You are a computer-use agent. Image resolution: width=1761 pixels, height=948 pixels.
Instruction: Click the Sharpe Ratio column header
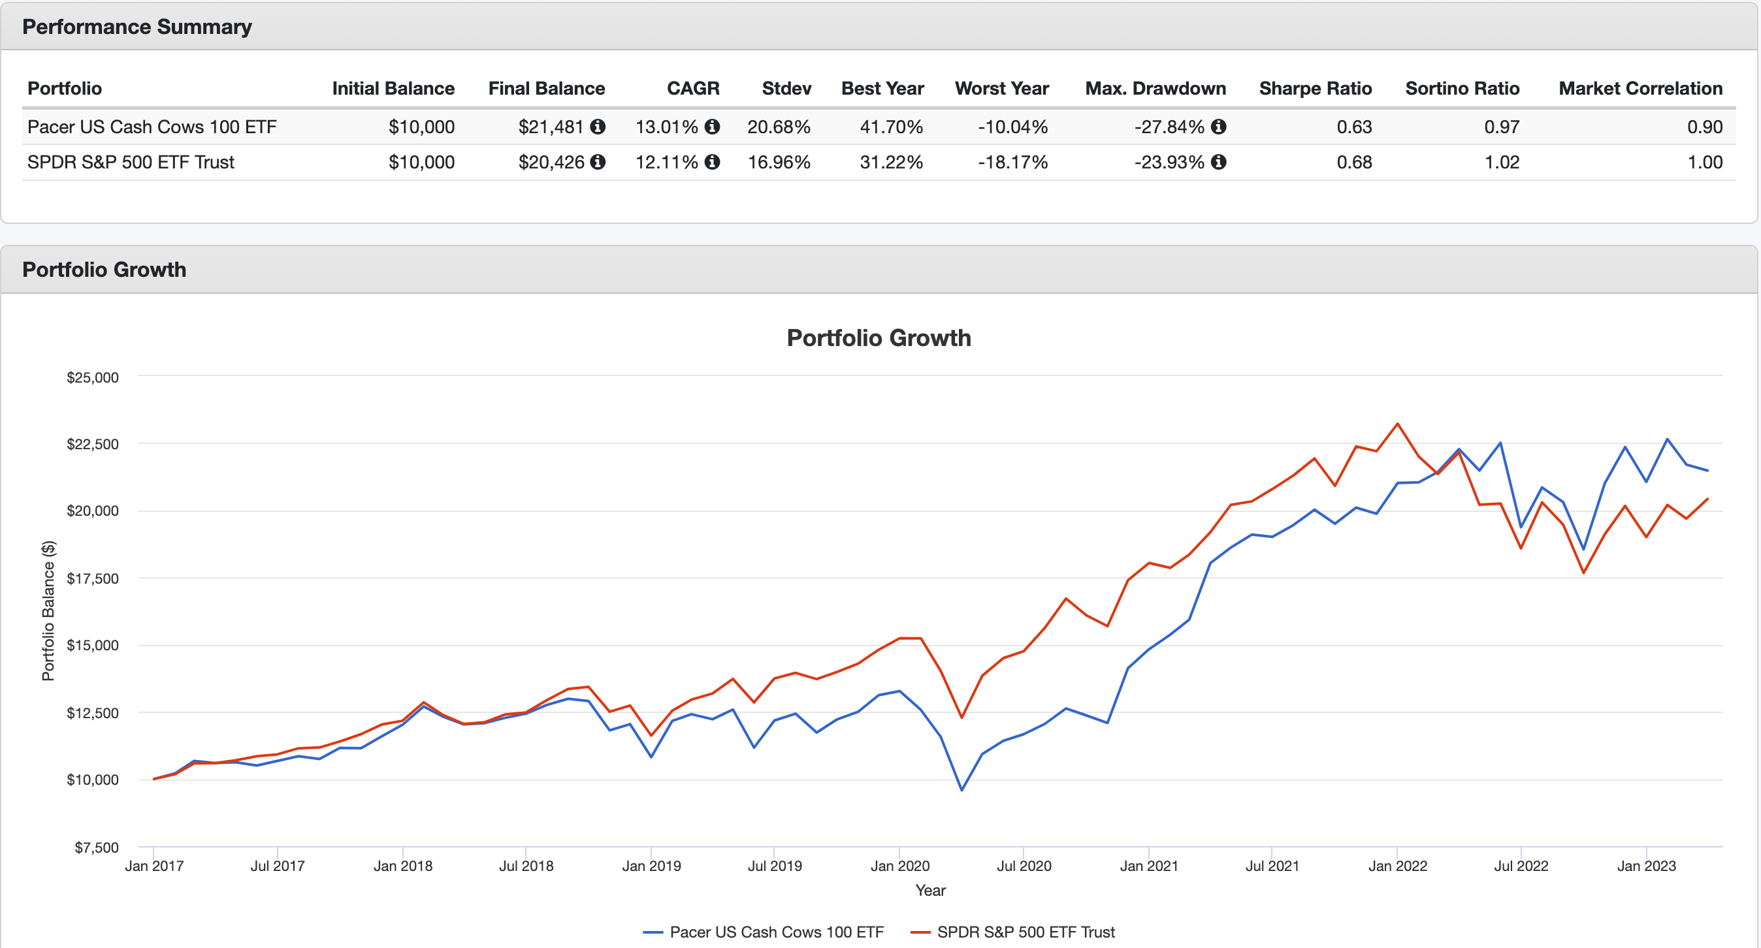(x=1315, y=88)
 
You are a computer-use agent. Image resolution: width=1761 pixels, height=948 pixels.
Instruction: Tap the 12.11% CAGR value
(x=666, y=162)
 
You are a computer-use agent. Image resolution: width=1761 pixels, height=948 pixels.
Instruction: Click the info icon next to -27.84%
(x=1218, y=127)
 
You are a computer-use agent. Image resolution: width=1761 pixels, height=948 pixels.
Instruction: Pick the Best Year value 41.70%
(x=891, y=127)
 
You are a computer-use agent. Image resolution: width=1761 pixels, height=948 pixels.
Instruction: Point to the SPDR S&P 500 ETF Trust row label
(x=131, y=162)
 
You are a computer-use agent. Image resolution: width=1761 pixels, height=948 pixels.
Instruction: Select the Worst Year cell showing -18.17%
(x=1012, y=162)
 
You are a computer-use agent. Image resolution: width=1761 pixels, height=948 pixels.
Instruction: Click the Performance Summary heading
(x=137, y=27)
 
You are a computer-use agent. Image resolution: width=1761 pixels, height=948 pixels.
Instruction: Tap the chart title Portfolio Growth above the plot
(x=879, y=338)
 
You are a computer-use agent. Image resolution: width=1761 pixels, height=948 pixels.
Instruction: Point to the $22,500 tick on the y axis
(x=92, y=444)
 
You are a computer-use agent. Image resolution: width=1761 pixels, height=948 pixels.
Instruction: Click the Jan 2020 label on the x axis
(x=899, y=866)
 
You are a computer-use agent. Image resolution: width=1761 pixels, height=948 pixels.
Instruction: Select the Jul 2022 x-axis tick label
(x=1521, y=866)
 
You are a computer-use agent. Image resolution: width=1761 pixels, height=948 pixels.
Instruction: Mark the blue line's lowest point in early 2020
(x=962, y=790)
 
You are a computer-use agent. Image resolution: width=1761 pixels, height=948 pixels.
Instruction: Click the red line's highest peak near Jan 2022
(x=1397, y=424)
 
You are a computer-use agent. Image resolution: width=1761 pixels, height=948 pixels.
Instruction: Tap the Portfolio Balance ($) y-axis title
(x=48, y=610)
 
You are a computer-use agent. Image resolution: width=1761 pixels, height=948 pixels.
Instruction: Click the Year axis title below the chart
(x=929, y=890)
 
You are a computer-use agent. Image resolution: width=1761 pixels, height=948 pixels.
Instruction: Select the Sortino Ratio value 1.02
(x=1501, y=162)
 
